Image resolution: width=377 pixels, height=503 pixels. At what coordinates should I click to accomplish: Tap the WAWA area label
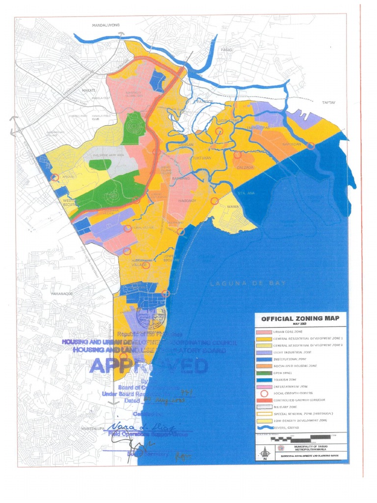pyautogui.click(x=233, y=207)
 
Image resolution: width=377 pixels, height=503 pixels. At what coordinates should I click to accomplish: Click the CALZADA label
pyautogui.click(x=246, y=167)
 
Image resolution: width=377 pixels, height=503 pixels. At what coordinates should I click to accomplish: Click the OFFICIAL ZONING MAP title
pyautogui.click(x=299, y=319)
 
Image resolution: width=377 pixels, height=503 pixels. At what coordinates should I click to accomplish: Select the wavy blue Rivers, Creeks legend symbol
pyautogui.click(x=267, y=428)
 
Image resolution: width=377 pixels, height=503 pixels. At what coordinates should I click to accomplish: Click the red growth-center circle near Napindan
pyautogui.click(x=311, y=145)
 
